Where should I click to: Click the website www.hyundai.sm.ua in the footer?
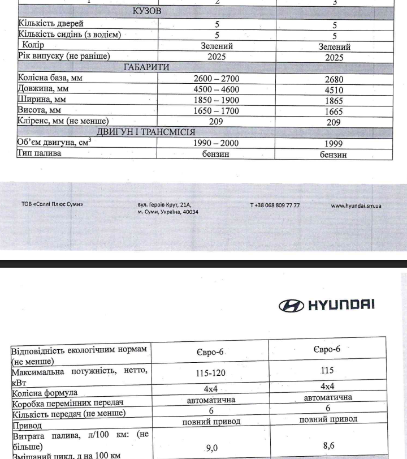point(356,205)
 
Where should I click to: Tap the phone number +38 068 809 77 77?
point(275,205)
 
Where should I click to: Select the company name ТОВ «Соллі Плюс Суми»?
point(52,205)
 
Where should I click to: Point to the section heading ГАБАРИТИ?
point(146,67)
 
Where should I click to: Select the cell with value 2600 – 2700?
point(217,79)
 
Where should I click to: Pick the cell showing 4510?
point(334,90)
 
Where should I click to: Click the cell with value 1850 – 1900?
point(217,100)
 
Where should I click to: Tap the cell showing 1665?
point(334,111)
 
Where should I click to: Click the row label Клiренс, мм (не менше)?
point(63,121)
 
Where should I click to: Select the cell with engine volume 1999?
point(334,144)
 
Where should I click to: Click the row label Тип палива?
point(40,153)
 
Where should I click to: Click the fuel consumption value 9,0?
point(212,448)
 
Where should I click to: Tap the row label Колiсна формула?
point(45,392)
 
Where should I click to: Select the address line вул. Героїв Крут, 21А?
point(164,205)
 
